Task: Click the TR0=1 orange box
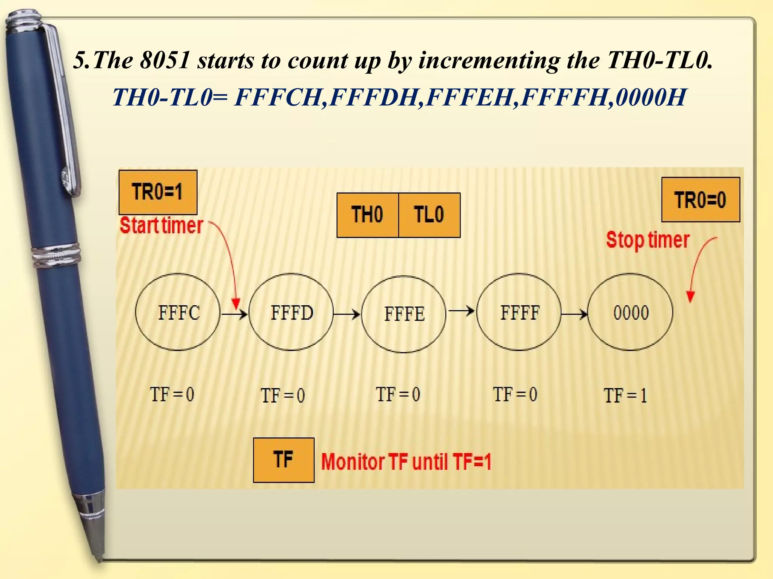[x=158, y=192]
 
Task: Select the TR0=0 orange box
[x=701, y=199]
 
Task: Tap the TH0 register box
[x=367, y=215]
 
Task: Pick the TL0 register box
[x=429, y=215]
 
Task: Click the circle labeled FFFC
[x=178, y=312]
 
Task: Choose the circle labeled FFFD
[x=291, y=312]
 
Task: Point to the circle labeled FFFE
[x=404, y=314]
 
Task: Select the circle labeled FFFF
[x=519, y=312]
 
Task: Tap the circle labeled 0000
[x=631, y=312]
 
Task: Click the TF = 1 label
[x=625, y=396]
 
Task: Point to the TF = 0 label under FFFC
[x=172, y=395]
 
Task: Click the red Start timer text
[x=162, y=225]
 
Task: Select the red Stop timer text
[x=648, y=240]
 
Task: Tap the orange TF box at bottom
[x=283, y=460]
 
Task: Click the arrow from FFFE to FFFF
[x=461, y=311]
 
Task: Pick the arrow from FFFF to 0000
[x=574, y=313]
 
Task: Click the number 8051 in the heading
[x=165, y=60]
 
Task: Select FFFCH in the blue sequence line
[x=278, y=97]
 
